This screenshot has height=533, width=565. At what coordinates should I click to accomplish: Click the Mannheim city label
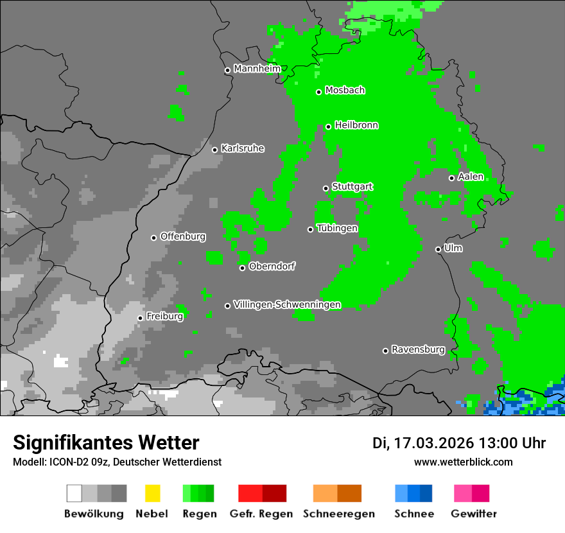[x=257, y=69]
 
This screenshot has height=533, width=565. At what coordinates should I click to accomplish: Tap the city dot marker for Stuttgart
[x=326, y=188]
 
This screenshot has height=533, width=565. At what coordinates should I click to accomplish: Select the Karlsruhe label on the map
[x=242, y=148]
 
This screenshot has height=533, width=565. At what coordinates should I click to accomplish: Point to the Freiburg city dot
[x=140, y=318]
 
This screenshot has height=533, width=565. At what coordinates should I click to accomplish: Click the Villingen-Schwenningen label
[x=287, y=304]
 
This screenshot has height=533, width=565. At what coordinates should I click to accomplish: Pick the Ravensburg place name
[x=418, y=349]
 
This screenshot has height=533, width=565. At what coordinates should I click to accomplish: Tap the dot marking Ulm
[x=438, y=249]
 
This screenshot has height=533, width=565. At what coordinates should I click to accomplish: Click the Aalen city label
[x=471, y=177]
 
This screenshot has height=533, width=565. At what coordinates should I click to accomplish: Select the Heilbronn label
[x=356, y=125]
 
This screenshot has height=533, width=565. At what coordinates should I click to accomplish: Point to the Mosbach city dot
[x=318, y=92]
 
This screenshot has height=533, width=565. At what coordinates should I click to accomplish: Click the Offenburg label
[x=183, y=236]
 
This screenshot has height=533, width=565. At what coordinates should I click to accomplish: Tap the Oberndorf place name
[x=272, y=266]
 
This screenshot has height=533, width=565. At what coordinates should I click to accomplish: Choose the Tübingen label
[x=337, y=228]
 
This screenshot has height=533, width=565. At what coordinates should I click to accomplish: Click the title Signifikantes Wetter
[x=106, y=442]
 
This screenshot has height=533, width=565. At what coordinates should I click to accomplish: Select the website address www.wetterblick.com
[x=463, y=462]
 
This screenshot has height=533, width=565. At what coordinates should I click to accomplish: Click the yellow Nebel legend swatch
[x=152, y=493]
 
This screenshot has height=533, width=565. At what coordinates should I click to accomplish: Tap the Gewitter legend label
[x=474, y=514]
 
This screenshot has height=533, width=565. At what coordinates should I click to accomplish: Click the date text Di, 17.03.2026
[x=422, y=443]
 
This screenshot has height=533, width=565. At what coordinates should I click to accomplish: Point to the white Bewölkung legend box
[x=74, y=493]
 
